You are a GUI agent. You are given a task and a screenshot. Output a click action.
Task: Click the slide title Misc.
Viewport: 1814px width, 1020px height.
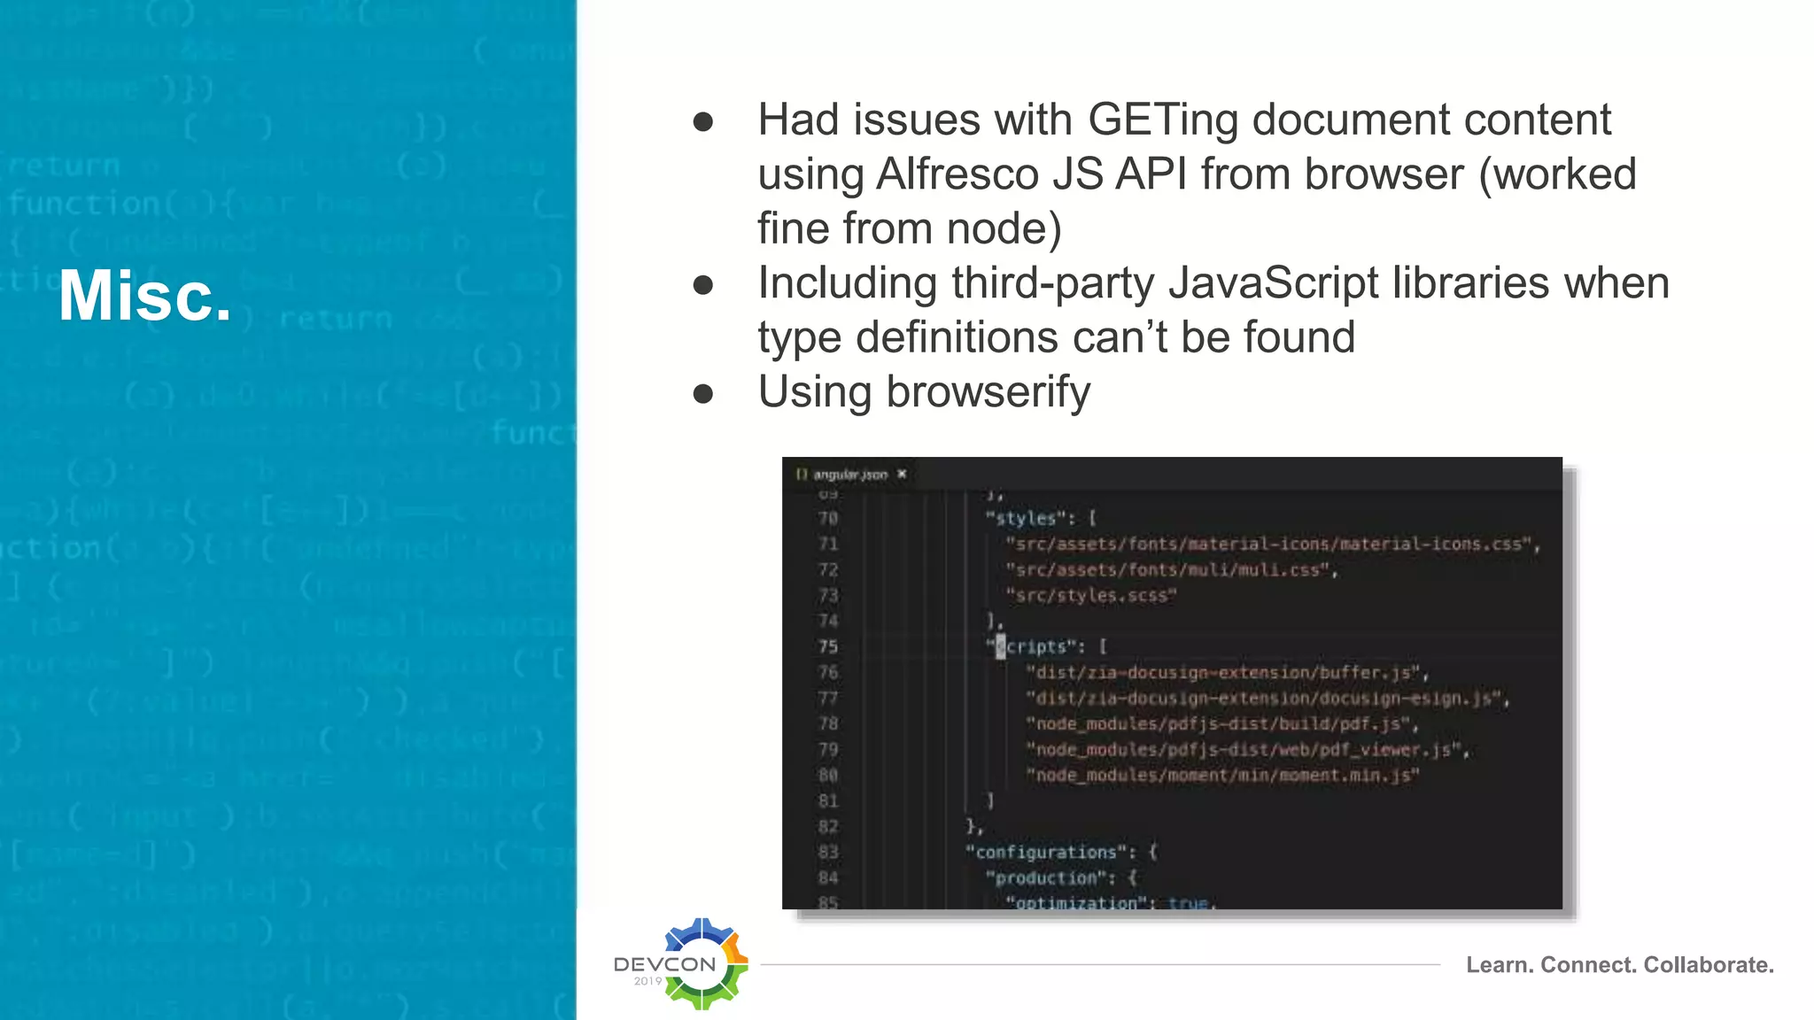tap(145, 296)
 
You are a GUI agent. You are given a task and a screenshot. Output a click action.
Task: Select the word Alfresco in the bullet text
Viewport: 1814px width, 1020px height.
tap(957, 174)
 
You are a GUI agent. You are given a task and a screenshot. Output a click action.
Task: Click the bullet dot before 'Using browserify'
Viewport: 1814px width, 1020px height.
tap(703, 393)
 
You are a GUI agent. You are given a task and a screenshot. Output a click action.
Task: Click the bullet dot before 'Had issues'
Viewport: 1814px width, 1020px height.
tap(703, 121)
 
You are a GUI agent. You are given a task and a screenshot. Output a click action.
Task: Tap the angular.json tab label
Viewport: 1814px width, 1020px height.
tap(849, 475)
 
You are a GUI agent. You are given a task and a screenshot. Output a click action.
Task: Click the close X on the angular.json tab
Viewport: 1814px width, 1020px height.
tap(902, 475)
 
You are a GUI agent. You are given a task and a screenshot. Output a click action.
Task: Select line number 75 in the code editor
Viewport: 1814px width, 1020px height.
tap(828, 647)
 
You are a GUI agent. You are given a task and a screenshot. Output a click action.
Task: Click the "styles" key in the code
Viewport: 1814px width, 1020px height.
tap(1026, 518)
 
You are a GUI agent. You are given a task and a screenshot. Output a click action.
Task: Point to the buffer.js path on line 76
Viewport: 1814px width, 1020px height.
tap(1227, 673)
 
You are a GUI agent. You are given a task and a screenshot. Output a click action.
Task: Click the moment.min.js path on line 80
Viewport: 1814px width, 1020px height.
tap(1222, 776)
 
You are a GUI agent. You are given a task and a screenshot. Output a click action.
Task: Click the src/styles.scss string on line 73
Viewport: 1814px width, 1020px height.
tap(1091, 596)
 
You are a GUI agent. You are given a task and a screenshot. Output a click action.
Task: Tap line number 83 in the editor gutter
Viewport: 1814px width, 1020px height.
tap(828, 853)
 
